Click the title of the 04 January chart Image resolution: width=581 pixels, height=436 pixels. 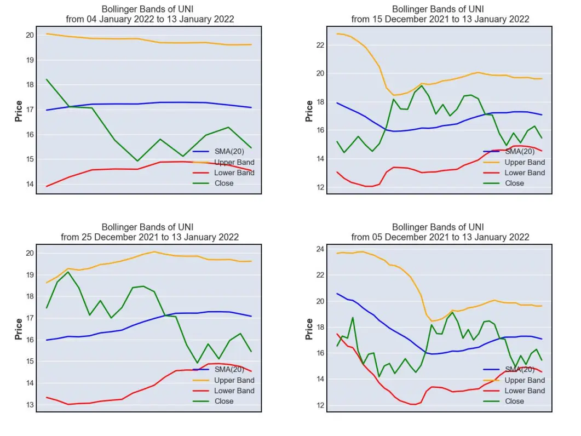[149, 14]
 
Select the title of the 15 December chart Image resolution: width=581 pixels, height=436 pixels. [440, 14]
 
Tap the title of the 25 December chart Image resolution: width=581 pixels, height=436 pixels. [149, 232]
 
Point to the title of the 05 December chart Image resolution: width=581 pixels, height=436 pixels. [440, 232]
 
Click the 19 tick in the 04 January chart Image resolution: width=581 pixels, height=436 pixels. [30, 60]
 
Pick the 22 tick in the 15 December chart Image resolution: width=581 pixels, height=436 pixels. [320, 45]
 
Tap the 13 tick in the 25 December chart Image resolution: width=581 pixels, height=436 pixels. [30, 405]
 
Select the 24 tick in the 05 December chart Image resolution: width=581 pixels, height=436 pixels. [320, 249]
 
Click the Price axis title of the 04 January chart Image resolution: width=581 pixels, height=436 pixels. [19, 111]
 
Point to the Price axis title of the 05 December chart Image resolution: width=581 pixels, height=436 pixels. [309, 329]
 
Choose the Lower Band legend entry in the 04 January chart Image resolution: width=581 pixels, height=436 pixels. [223, 173]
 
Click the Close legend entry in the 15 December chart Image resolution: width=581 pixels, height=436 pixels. [504, 183]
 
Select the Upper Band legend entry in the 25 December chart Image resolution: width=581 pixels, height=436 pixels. [223, 380]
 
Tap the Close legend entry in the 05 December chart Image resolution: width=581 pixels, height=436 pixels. [504, 401]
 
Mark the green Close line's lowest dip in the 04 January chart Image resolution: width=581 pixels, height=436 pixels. [137, 161]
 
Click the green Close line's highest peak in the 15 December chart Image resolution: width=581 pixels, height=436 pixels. [422, 85]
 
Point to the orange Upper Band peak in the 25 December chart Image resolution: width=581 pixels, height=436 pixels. [154, 252]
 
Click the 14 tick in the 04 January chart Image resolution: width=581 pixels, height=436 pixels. [30, 184]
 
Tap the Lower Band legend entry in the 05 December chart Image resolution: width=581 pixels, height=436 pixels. [514, 391]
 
